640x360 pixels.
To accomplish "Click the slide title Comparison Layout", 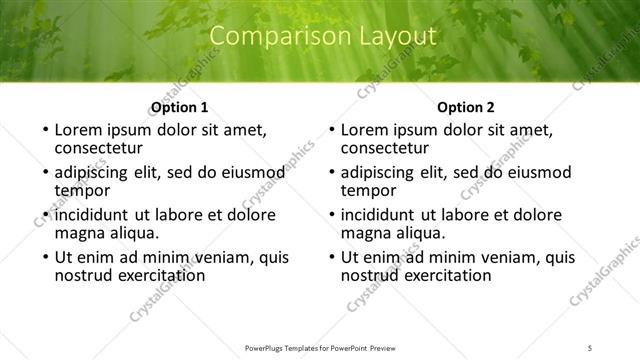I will (324, 37).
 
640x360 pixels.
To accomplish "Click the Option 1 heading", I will (179, 108).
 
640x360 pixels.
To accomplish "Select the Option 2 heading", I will (466, 108).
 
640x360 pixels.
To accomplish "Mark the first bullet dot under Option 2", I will (332, 131).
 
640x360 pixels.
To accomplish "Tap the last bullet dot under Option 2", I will (332, 257).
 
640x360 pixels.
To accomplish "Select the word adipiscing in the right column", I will (382, 172).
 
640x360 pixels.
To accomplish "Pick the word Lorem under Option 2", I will (364, 130).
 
